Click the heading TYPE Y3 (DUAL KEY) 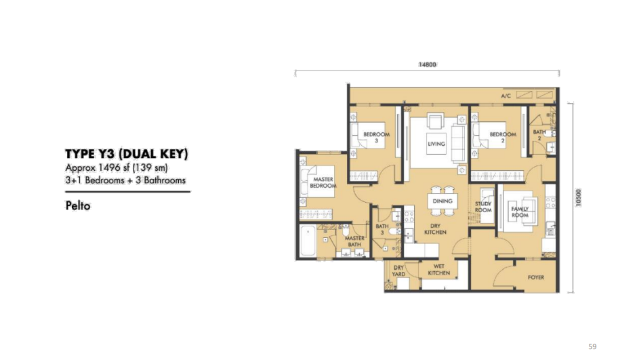coord(126,154)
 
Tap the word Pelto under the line coord(78,205)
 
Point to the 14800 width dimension coord(427,64)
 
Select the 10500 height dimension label coord(579,197)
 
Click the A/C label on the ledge coord(506,96)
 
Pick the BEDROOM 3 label coord(376,138)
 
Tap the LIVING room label coord(436,144)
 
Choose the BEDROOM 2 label coord(503,138)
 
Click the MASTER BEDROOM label coord(323,182)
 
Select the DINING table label coord(442,201)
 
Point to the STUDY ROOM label coord(483,207)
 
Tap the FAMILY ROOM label coord(520,212)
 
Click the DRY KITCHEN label coord(435,229)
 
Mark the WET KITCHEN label coord(439,269)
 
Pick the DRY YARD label coord(398,271)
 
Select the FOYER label coord(536,277)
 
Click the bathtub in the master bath coord(308,241)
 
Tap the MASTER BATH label coord(354,241)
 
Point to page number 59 coord(592,346)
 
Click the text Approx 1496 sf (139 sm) coord(117,167)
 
